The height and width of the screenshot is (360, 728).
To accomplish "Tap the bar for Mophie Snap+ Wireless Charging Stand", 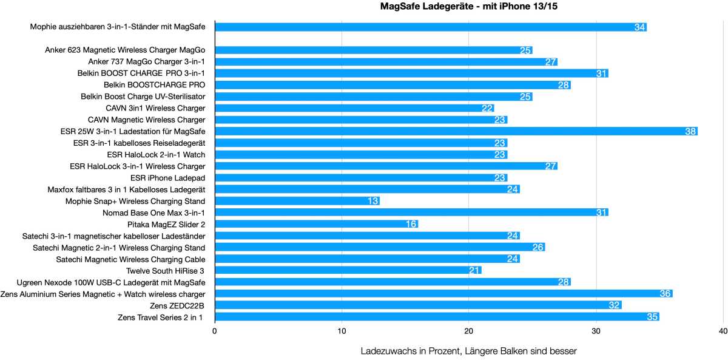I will pyautogui.click(x=297, y=201).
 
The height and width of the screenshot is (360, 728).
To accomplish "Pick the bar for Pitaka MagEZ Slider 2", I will pyautogui.click(x=316, y=224).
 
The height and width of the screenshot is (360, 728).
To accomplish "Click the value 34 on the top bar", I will pyautogui.click(x=639, y=27).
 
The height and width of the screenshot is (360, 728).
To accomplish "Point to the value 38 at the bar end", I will pyautogui.click(x=690, y=131).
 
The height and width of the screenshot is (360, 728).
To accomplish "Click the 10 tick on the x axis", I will pyautogui.click(x=342, y=331).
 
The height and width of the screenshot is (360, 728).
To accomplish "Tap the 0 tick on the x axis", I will pyautogui.click(x=215, y=331).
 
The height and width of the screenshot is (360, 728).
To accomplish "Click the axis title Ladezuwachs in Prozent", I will pyautogui.click(x=468, y=351).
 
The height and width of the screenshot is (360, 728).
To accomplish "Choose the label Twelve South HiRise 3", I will pyautogui.click(x=166, y=271).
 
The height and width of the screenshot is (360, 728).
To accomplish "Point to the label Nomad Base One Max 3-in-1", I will pyautogui.click(x=154, y=212).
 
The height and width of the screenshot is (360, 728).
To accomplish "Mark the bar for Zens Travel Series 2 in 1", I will pyautogui.click(x=437, y=317).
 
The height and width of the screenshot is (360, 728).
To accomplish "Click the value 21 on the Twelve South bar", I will pyautogui.click(x=474, y=271).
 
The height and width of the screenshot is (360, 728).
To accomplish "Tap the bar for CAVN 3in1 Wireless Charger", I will pyautogui.click(x=354, y=108).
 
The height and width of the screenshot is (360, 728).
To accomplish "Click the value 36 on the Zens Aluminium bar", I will pyautogui.click(x=665, y=294).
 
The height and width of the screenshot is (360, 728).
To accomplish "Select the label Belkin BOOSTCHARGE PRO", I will pyautogui.click(x=154, y=85).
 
